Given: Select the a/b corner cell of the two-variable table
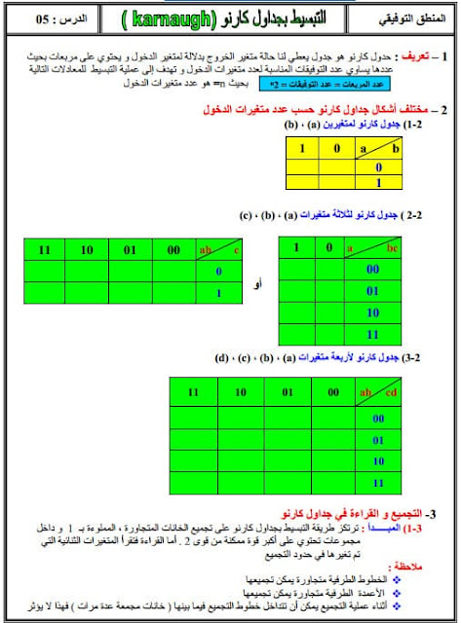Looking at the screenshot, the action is (x=379, y=149).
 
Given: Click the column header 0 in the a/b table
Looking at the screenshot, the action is (x=337, y=149).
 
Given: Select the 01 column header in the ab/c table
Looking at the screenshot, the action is (x=131, y=250).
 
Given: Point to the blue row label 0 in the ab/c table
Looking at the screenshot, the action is (x=219, y=272).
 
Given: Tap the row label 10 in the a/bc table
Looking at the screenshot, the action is (x=372, y=311).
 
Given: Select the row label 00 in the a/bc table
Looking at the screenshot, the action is (x=372, y=269).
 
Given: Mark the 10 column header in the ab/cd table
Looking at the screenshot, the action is (x=240, y=392).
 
